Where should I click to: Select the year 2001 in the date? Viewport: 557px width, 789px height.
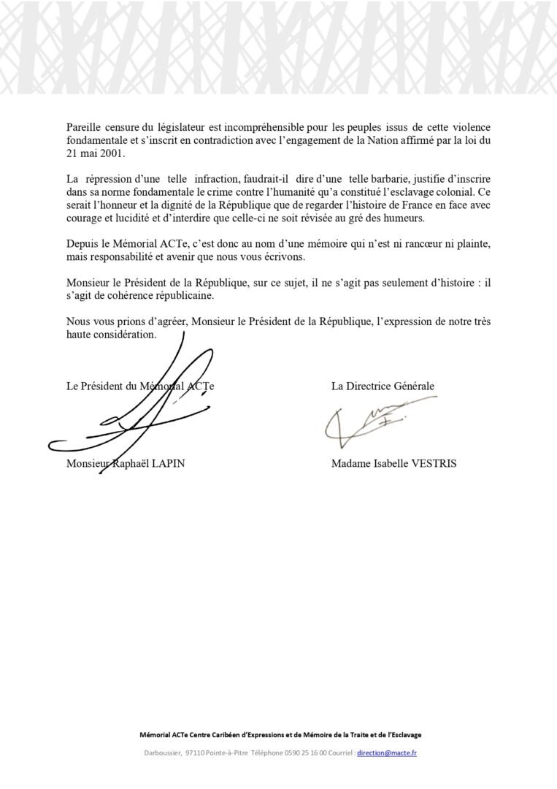coord(114,155)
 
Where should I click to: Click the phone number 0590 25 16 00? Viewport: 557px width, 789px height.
coord(315,753)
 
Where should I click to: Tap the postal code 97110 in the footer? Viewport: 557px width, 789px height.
coord(194,753)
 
